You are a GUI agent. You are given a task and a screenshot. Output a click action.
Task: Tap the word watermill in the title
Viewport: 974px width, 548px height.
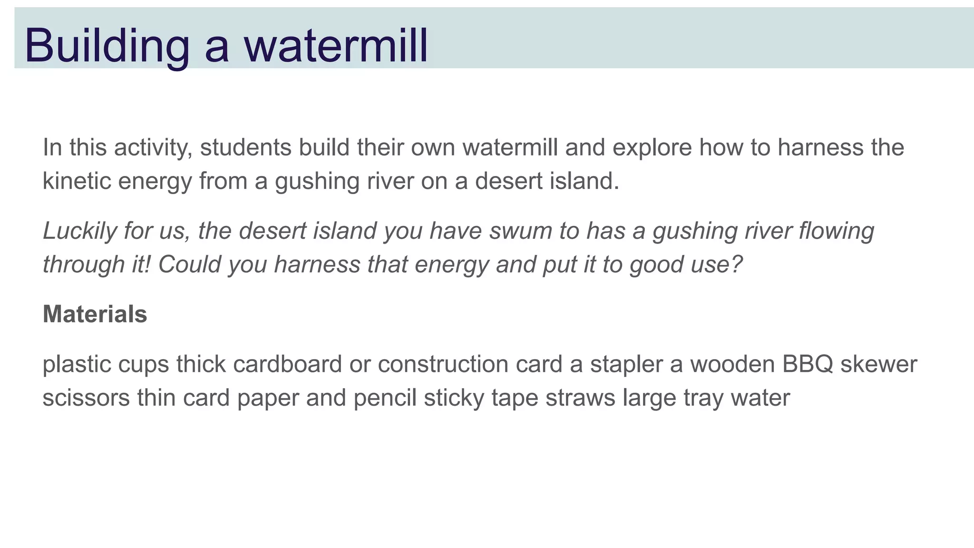click(x=336, y=46)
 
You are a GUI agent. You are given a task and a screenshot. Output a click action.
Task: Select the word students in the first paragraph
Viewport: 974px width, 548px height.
click(x=245, y=147)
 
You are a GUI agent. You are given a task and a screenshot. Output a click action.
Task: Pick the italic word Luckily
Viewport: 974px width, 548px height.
click(x=79, y=231)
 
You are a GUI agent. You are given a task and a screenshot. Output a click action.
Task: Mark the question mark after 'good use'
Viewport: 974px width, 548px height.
click(x=737, y=264)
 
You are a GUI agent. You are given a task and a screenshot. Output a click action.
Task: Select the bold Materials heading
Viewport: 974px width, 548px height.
click(x=95, y=314)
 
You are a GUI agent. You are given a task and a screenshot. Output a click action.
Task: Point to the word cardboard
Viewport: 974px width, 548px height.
click(x=287, y=364)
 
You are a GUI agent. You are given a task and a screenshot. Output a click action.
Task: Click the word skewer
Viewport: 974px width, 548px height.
click(x=878, y=364)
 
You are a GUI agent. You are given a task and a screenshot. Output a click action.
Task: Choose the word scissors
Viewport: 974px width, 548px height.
click(x=86, y=398)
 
